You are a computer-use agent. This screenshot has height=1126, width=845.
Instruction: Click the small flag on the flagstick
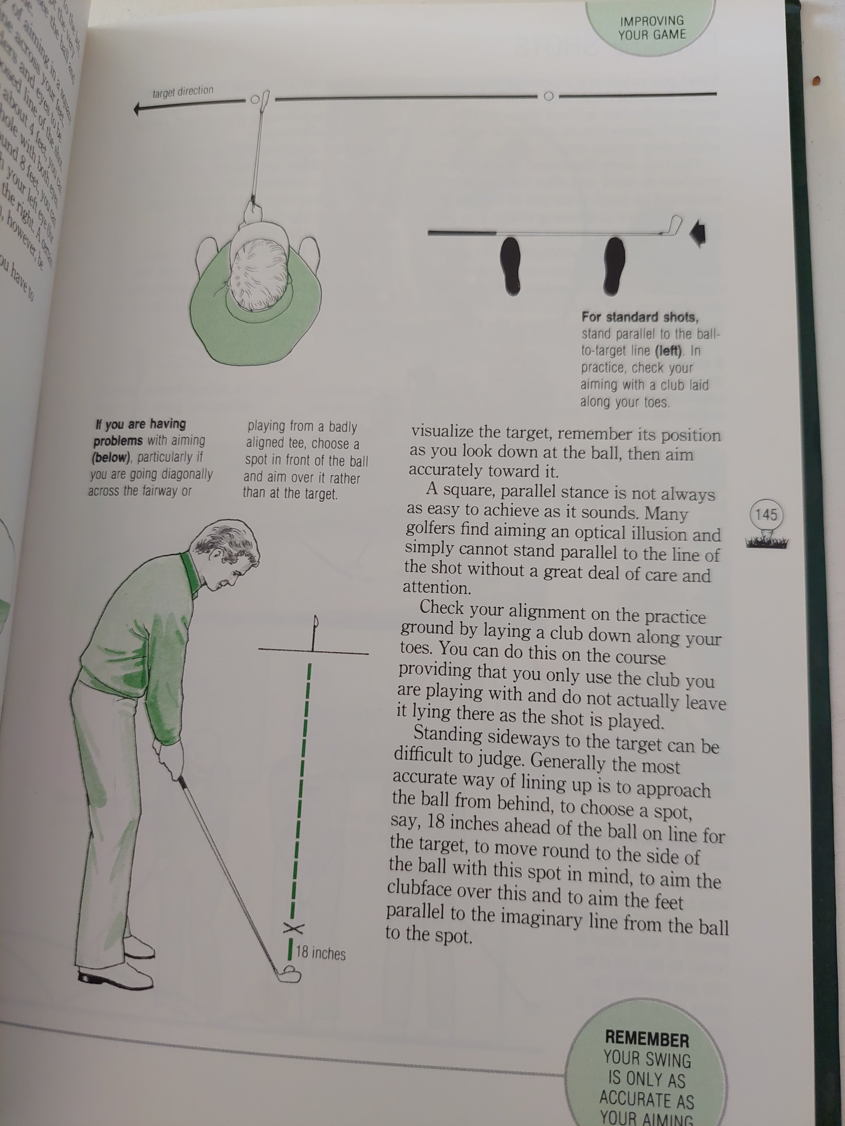pos(316,621)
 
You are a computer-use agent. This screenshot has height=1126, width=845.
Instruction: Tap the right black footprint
pos(614,266)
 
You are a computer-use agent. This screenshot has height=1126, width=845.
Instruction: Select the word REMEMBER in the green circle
pos(647,1038)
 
